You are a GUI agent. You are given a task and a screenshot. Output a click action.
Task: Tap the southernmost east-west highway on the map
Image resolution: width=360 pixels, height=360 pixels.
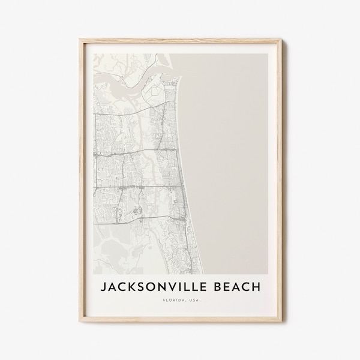[138, 187]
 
